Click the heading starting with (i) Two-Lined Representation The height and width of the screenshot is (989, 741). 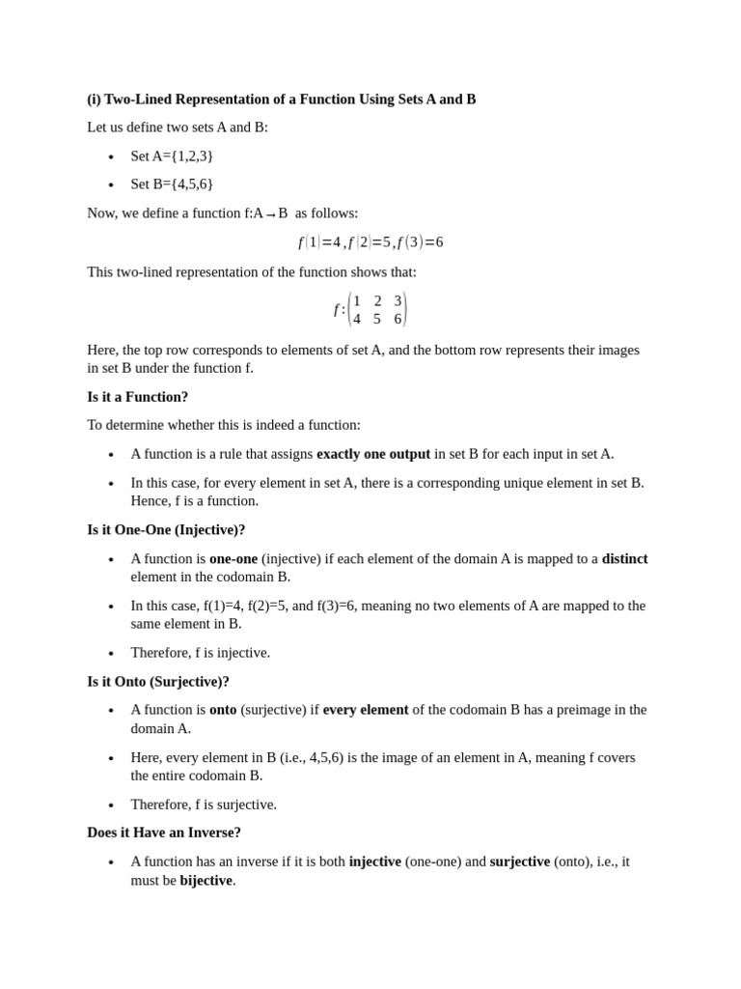click(281, 99)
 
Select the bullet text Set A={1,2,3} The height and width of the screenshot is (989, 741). click(172, 155)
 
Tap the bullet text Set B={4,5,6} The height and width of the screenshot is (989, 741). click(172, 184)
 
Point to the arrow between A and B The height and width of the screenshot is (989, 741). click(270, 214)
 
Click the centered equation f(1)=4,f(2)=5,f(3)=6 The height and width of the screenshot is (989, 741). click(370, 242)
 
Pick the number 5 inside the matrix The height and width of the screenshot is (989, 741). click(377, 319)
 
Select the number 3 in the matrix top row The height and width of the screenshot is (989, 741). click(398, 301)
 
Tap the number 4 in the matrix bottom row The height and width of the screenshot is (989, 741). click(357, 319)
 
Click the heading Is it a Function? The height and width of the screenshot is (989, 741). click(137, 397)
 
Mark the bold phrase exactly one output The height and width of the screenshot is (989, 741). click(373, 454)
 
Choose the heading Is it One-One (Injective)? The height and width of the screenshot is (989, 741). click(166, 530)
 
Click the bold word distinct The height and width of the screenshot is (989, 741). click(624, 558)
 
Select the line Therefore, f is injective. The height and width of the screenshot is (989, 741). click(201, 653)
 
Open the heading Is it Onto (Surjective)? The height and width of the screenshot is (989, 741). click(158, 682)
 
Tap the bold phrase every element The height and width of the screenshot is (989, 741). click(366, 710)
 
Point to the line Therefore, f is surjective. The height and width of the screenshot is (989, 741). click(204, 805)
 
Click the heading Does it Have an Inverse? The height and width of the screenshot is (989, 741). click(164, 833)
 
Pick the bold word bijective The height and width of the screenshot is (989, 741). click(206, 880)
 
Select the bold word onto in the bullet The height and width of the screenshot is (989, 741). click(223, 710)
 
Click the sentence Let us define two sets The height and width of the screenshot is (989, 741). click(178, 127)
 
